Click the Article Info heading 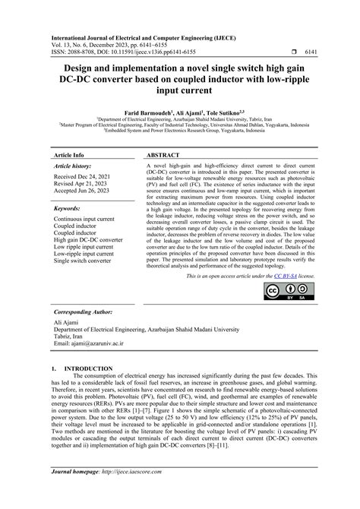pyautogui.click(x=69, y=154)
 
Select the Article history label pyautogui.click(x=74, y=165)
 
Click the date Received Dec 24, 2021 pyautogui.click(x=86, y=175)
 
